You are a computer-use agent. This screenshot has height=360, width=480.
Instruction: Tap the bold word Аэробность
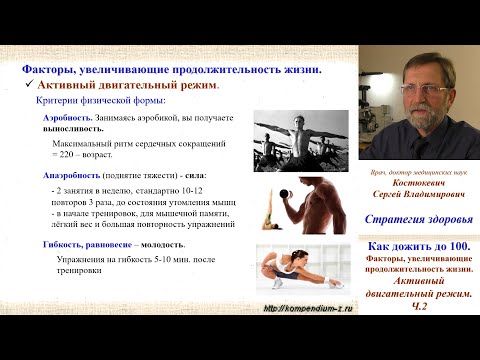coord(66,118)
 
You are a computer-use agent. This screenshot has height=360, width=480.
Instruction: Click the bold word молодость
coord(161,245)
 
